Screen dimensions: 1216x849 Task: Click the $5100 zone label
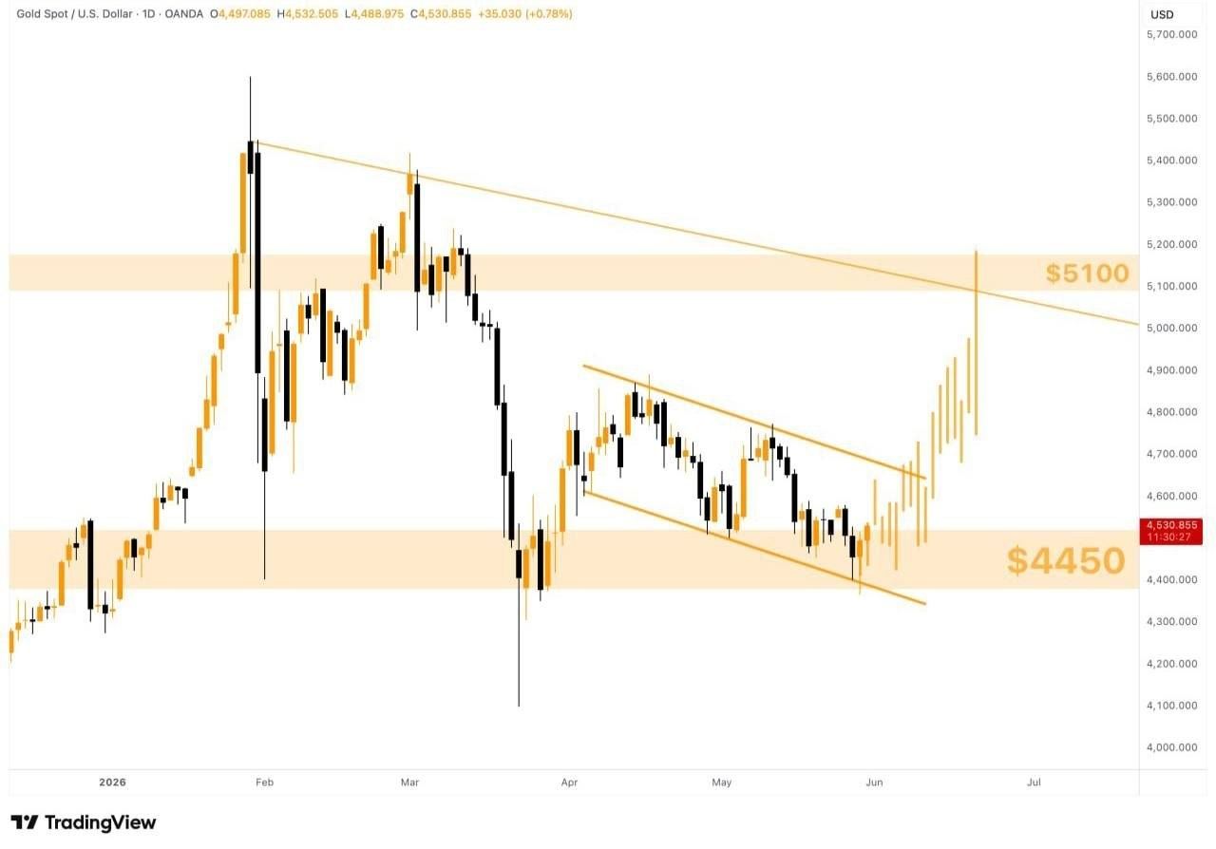pyautogui.click(x=1088, y=274)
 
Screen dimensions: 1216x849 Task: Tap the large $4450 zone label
pyautogui.click(x=1066, y=560)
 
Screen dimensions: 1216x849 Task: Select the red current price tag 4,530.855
pyautogui.click(x=1171, y=531)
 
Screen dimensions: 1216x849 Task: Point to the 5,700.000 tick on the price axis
pyautogui.click(x=1171, y=35)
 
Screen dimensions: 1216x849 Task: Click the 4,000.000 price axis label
pyautogui.click(x=1171, y=747)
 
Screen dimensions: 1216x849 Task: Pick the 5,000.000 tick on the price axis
pyautogui.click(x=1171, y=328)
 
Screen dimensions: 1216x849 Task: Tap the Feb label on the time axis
pyautogui.click(x=264, y=783)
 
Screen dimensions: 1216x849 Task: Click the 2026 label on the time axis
pyautogui.click(x=112, y=783)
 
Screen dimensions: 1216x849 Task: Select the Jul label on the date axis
pyautogui.click(x=1035, y=783)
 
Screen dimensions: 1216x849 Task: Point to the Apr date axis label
pyautogui.click(x=569, y=783)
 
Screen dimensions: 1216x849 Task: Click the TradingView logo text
pyautogui.click(x=101, y=823)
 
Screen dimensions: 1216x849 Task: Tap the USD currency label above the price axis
pyautogui.click(x=1162, y=14)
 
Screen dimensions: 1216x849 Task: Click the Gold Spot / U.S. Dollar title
pyautogui.click(x=74, y=13)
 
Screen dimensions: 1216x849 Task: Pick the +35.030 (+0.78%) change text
pyautogui.click(x=525, y=13)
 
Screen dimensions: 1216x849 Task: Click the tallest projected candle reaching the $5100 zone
pyautogui.click(x=976, y=343)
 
